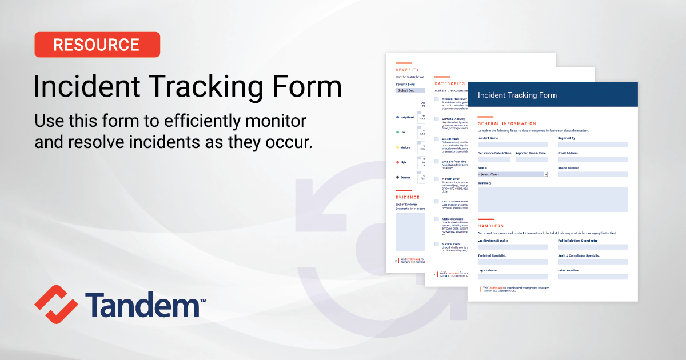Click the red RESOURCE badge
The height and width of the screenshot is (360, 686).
[x=97, y=45]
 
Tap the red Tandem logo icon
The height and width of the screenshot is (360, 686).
[x=55, y=304]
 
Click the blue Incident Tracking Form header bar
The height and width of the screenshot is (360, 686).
[x=553, y=95]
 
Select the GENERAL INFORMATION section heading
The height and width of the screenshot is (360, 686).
[x=506, y=123]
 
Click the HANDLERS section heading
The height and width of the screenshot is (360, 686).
[x=490, y=226]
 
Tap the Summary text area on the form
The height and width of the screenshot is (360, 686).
[x=553, y=199]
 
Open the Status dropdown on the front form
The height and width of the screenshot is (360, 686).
[x=513, y=174]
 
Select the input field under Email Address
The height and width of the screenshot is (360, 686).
[x=593, y=159]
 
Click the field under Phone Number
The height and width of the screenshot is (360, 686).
[x=593, y=174]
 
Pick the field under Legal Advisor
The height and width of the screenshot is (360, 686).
[x=513, y=277]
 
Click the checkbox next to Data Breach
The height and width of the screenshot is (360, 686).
[x=437, y=139]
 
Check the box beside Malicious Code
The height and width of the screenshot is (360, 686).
[x=437, y=219]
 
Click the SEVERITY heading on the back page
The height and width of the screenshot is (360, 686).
[x=407, y=70]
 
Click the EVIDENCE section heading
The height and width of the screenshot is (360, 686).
[x=408, y=197]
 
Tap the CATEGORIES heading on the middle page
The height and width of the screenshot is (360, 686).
[x=449, y=83]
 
